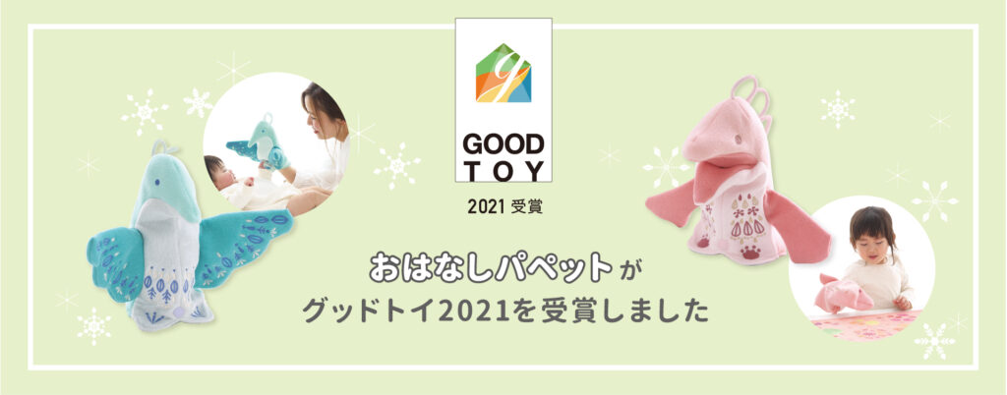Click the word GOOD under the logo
(x=503, y=144)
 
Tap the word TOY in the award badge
(x=503, y=171)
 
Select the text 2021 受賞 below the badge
(x=504, y=207)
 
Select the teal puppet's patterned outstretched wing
(x=243, y=244)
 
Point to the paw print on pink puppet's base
(x=750, y=252)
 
